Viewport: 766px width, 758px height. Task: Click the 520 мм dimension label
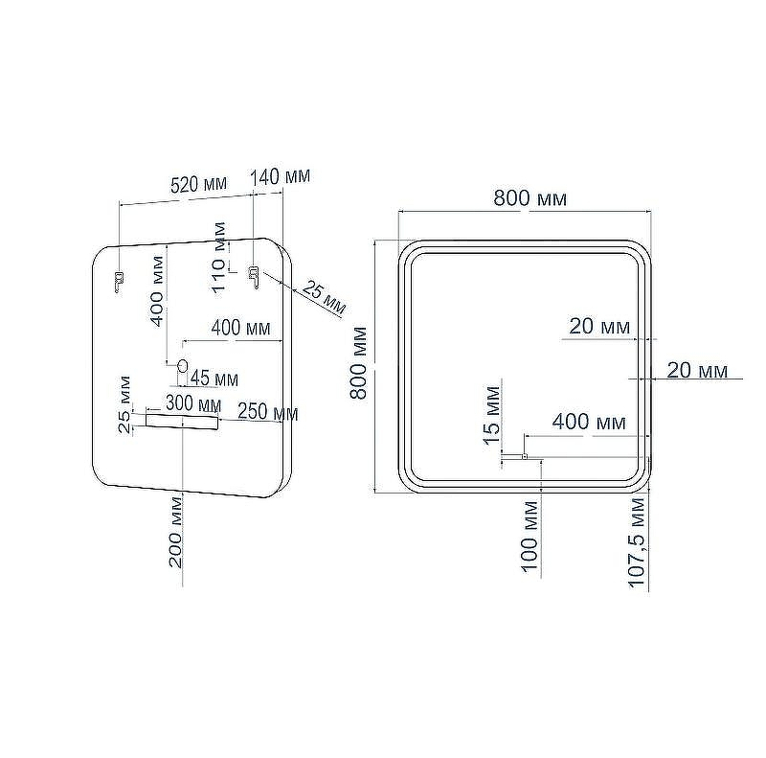click(x=199, y=184)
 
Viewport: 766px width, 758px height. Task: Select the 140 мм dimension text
click(x=281, y=176)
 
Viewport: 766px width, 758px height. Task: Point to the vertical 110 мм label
click(x=219, y=257)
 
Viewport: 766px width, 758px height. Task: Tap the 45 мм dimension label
click(x=214, y=378)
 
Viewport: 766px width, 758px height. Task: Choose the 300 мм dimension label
click(x=193, y=404)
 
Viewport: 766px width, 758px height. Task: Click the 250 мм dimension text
click(x=268, y=413)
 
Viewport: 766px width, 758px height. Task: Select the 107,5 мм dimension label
click(x=637, y=542)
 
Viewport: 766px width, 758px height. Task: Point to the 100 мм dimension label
click(x=529, y=536)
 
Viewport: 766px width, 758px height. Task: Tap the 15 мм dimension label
click(x=492, y=415)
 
